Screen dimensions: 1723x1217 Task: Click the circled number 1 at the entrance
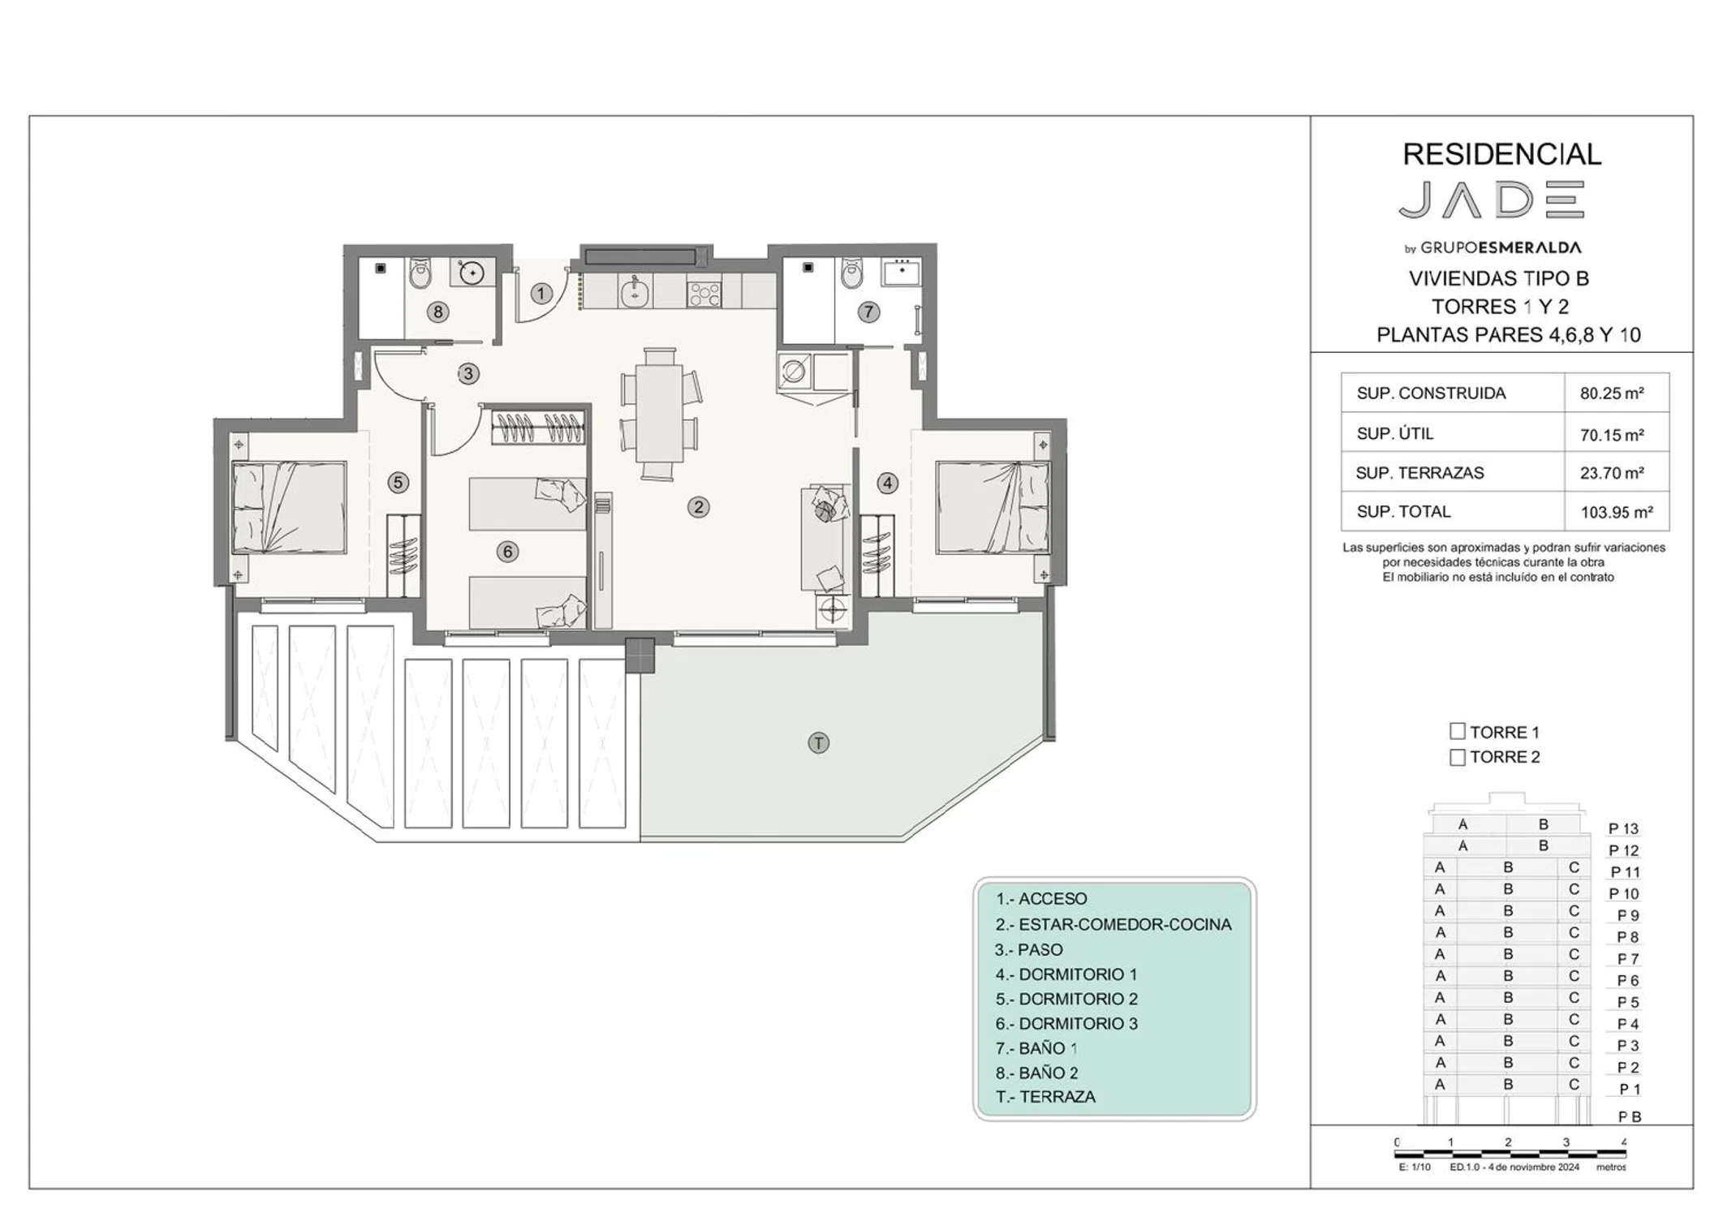click(x=541, y=293)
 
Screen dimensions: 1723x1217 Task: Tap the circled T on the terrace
click(x=818, y=742)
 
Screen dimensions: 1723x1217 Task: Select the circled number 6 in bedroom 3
click(x=507, y=552)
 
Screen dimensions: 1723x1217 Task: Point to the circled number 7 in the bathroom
click(x=868, y=312)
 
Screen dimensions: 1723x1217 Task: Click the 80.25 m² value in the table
click(x=1612, y=393)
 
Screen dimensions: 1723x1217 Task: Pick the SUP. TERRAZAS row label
click(x=1419, y=473)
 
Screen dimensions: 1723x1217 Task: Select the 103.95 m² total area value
click(x=1617, y=513)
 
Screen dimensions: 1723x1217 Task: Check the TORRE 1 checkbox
click(x=1458, y=731)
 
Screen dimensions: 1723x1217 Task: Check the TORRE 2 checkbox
click(x=1458, y=757)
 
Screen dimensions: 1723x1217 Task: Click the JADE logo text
click(x=1492, y=200)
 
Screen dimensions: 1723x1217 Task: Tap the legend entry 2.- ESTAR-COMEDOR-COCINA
click(x=1113, y=924)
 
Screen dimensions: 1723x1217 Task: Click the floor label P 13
click(x=1623, y=828)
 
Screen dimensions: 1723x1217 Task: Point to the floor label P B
click(x=1630, y=1116)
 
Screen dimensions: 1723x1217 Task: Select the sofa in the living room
click(x=825, y=538)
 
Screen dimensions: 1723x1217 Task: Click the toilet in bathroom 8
click(x=420, y=274)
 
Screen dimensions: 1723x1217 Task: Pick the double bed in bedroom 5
click(x=289, y=508)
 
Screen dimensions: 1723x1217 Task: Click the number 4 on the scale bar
click(x=1623, y=1142)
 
